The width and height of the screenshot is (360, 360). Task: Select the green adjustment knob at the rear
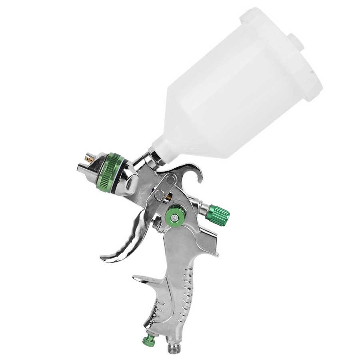click(x=218, y=215)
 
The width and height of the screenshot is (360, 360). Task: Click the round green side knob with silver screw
click(x=174, y=217)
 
